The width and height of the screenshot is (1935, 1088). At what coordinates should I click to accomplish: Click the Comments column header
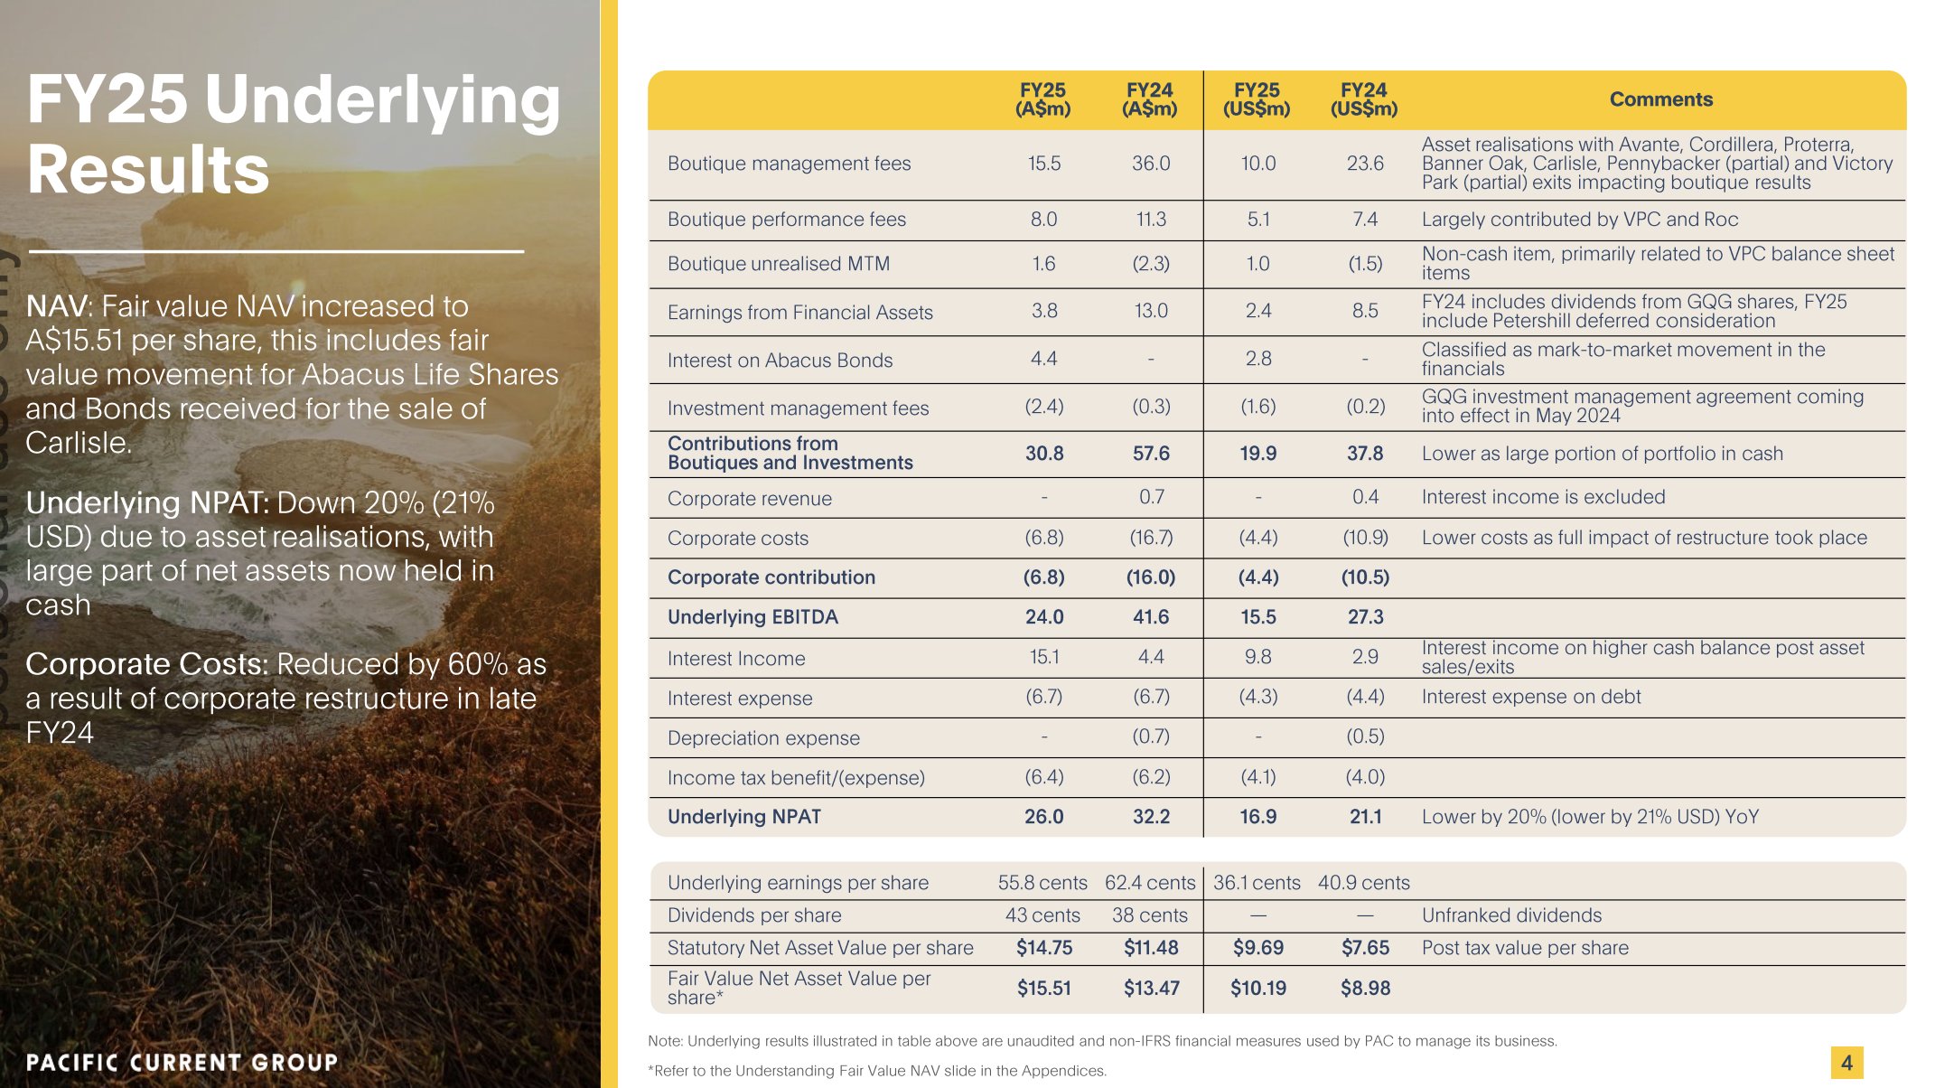point(1660,99)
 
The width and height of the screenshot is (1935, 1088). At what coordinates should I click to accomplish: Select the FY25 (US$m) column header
point(1257,99)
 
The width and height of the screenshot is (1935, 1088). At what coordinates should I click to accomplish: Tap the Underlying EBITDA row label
point(752,617)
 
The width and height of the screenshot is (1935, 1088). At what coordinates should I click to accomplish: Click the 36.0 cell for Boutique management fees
point(1150,164)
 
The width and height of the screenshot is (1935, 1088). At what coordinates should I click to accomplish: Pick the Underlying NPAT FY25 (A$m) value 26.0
point(1043,817)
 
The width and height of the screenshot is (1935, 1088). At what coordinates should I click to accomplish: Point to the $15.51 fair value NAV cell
point(1043,989)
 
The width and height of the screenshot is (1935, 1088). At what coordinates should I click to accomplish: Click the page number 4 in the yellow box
point(1846,1063)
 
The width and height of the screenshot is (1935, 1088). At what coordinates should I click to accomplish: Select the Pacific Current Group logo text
point(182,1063)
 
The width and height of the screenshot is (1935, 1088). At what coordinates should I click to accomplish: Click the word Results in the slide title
point(148,170)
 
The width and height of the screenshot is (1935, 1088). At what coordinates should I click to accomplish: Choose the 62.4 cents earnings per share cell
point(1149,883)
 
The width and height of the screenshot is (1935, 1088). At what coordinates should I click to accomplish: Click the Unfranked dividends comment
point(1511,915)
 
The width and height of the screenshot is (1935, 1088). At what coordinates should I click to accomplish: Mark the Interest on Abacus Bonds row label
point(780,361)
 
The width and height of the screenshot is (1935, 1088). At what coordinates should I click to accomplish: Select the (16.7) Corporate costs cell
point(1150,538)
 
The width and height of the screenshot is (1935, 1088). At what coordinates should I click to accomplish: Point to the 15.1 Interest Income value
point(1043,657)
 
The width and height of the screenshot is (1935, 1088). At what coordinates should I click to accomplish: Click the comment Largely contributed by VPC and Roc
point(1579,220)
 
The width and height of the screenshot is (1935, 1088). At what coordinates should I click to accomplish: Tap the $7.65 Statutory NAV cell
point(1364,948)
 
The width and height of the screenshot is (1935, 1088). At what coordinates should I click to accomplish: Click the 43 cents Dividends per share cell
point(1042,915)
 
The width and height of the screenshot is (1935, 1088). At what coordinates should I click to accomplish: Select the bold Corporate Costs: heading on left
point(146,664)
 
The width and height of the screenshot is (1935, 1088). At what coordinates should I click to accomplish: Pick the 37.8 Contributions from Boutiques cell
point(1364,454)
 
